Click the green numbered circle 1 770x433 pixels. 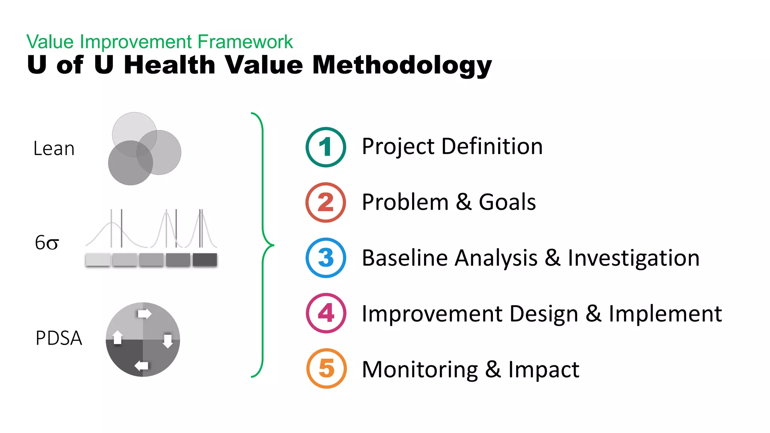[326, 147]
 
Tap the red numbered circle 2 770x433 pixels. [326, 203]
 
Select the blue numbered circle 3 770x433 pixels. [326, 258]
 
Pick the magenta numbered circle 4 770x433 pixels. [326, 313]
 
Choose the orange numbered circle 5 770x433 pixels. [326, 368]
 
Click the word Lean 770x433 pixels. [54, 148]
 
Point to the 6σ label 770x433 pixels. [47, 243]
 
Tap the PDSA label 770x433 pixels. [59, 338]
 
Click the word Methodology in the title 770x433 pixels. [402, 65]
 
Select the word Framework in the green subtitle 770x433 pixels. [245, 42]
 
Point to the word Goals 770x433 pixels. [507, 202]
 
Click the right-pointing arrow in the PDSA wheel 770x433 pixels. [144, 313]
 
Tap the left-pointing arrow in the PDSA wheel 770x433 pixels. [141, 365]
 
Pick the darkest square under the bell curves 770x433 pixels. [205, 260]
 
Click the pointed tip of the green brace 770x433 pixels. [273, 245]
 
